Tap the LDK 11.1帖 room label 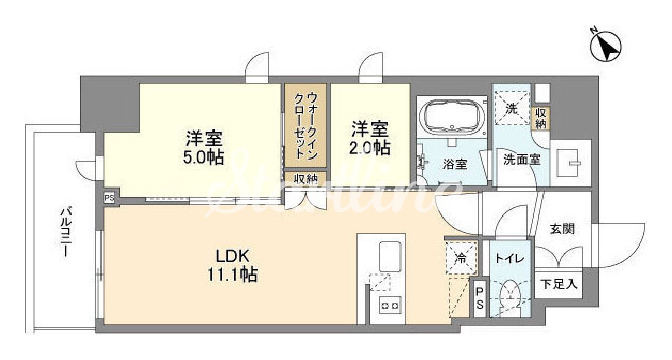tap(232, 265)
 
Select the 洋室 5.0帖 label tap(204, 147)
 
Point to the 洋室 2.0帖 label tap(370, 138)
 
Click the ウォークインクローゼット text tap(305, 125)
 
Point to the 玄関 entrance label tap(562, 229)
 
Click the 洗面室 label tap(522, 160)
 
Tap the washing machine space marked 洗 tap(512, 108)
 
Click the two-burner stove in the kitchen tap(390, 306)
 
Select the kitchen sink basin tap(390, 256)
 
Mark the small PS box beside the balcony tap(109, 198)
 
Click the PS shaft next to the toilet tap(480, 298)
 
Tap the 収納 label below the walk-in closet tap(305, 179)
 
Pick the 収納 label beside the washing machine tap(541, 119)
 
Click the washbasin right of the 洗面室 tap(569, 163)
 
